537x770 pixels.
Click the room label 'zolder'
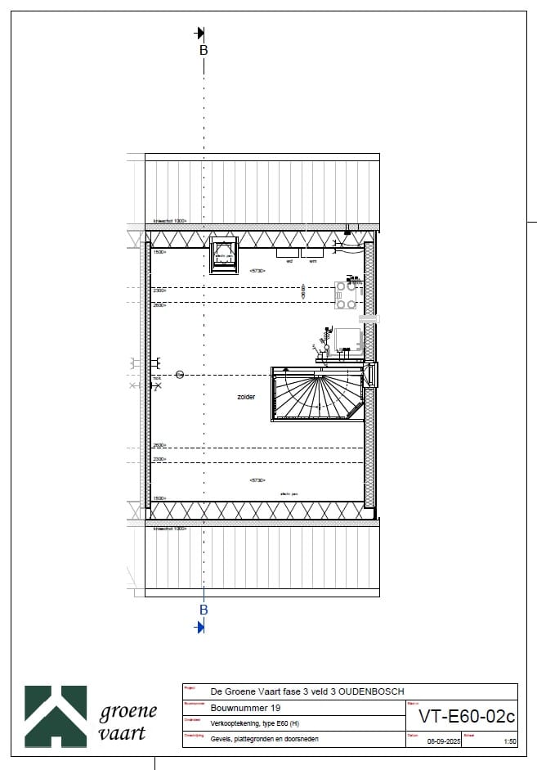pyautogui.click(x=246, y=397)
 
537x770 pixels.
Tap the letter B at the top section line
pyautogui.click(x=204, y=50)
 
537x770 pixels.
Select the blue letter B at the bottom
pyautogui.click(x=204, y=610)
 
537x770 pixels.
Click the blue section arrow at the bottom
pyautogui.click(x=199, y=627)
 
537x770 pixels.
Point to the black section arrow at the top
pyautogui.click(x=199, y=33)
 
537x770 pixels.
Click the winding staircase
pyautogui.click(x=318, y=394)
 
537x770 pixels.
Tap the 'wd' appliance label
pyautogui.click(x=289, y=261)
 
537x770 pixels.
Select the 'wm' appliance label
pyautogui.click(x=312, y=261)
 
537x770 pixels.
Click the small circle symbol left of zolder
pyautogui.click(x=180, y=374)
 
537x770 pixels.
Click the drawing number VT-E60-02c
pyautogui.click(x=467, y=717)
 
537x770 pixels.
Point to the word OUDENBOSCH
pyautogui.click(x=369, y=692)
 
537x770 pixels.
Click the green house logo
pyautogui.click(x=56, y=716)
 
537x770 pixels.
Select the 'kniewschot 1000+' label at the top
pyautogui.click(x=170, y=221)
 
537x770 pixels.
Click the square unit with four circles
pyautogui.click(x=347, y=295)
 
